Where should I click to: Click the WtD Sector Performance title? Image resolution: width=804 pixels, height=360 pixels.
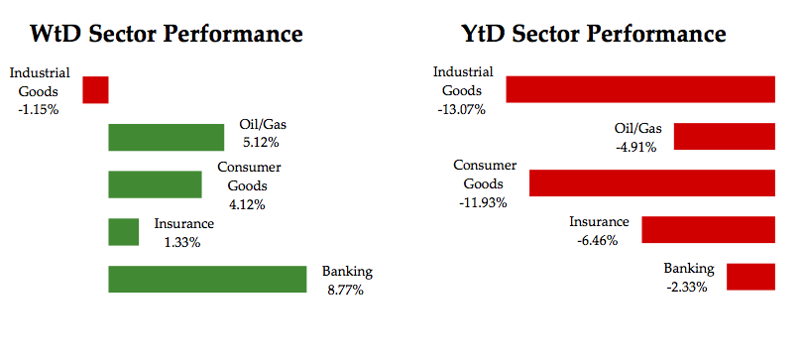(167, 34)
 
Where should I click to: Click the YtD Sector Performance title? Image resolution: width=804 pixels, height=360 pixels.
(594, 34)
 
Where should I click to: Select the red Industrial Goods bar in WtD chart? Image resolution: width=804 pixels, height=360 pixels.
(95, 89)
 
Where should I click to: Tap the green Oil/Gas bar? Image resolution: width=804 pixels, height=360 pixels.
(167, 138)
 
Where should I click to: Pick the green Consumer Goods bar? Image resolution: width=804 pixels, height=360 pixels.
(155, 184)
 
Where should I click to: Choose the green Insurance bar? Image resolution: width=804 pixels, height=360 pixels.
(124, 232)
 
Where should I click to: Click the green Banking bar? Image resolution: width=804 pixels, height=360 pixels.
(207, 279)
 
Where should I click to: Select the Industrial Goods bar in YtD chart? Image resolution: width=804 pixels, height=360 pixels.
(640, 89)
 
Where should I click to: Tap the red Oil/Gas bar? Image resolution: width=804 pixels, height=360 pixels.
(725, 137)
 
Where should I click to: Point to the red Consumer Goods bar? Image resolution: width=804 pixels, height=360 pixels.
(652, 183)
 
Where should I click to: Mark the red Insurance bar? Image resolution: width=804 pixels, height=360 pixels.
(709, 230)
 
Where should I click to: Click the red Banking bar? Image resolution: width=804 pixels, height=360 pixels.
(750, 277)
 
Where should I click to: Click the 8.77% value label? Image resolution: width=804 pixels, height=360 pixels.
(346, 290)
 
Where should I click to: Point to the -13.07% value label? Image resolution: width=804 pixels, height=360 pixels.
(461, 109)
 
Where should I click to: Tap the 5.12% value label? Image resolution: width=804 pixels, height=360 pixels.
(261, 143)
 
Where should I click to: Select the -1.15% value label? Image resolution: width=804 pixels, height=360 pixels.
(38, 109)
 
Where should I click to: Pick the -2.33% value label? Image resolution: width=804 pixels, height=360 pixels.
(687, 288)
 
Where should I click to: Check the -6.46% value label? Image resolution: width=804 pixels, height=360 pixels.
(597, 240)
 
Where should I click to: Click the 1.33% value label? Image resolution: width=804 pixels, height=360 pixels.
(182, 242)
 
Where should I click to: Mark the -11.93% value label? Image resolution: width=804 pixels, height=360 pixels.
(483, 202)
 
